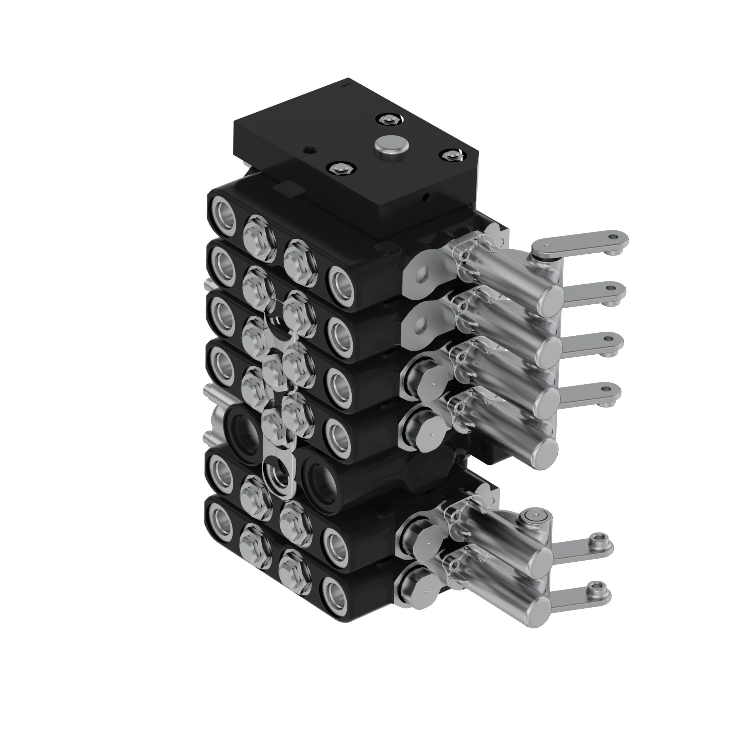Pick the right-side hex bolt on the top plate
(x=450, y=155)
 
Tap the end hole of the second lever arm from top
(x=612, y=289)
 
